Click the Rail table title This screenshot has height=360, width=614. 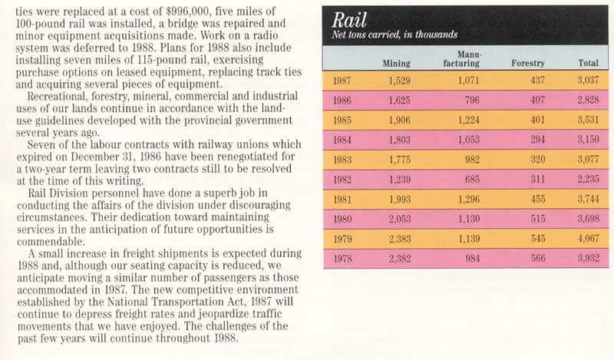(x=351, y=18)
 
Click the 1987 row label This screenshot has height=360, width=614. (x=342, y=80)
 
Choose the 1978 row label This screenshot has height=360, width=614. (x=342, y=259)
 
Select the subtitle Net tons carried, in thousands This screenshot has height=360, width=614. (x=394, y=34)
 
